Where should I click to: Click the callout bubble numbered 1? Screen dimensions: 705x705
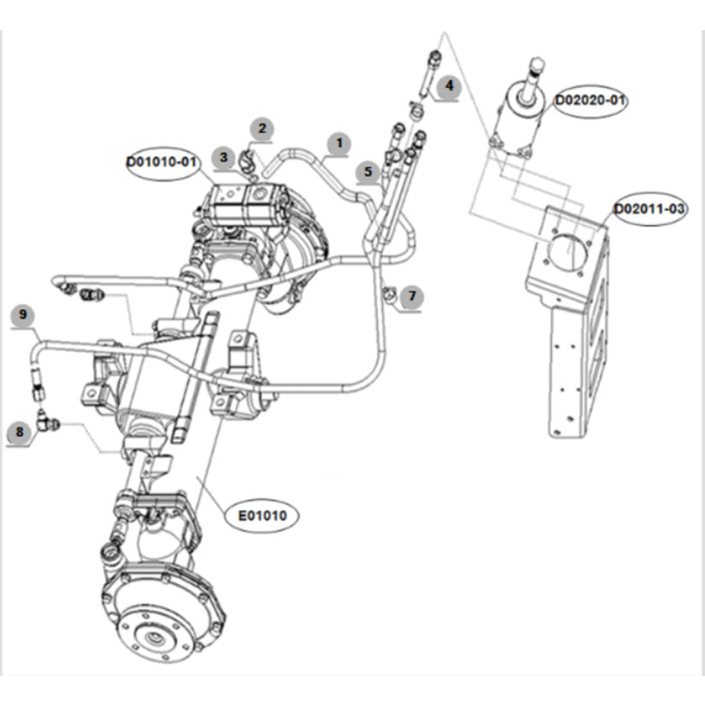[339, 143]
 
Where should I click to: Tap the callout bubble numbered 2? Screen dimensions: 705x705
[262, 129]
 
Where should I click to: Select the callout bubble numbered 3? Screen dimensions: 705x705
[224, 156]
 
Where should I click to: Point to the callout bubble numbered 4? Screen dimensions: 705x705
[447, 86]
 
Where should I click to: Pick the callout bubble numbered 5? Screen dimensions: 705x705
[368, 171]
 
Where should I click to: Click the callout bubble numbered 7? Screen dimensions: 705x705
[412, 297]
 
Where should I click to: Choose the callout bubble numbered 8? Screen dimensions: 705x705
[19, 432]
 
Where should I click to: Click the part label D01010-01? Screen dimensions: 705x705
[162, 161]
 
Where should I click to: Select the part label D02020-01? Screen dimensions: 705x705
[590, 101]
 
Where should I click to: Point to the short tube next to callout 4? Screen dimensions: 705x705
[429, 73]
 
